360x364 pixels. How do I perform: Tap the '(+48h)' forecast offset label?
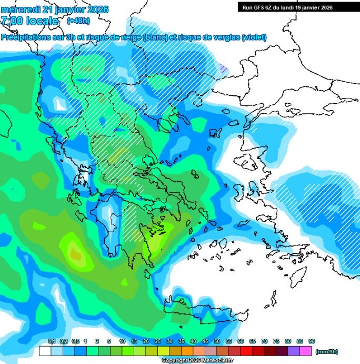click(x=79, y=21)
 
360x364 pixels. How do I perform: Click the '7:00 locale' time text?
click(x=31, y=21)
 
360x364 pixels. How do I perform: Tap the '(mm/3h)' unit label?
click(x=326, y=350)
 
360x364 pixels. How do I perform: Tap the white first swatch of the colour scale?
click(x=45, y=350)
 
